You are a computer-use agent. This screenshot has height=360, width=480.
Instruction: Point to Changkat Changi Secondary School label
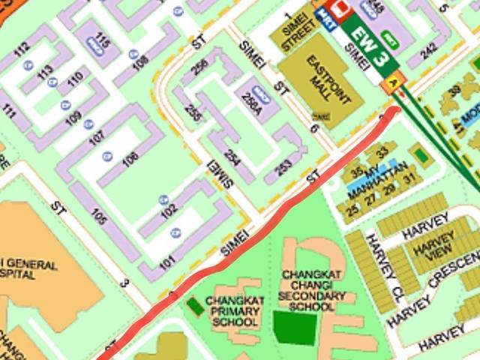(315, 290)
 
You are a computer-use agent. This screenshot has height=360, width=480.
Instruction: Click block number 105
(97, 217)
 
